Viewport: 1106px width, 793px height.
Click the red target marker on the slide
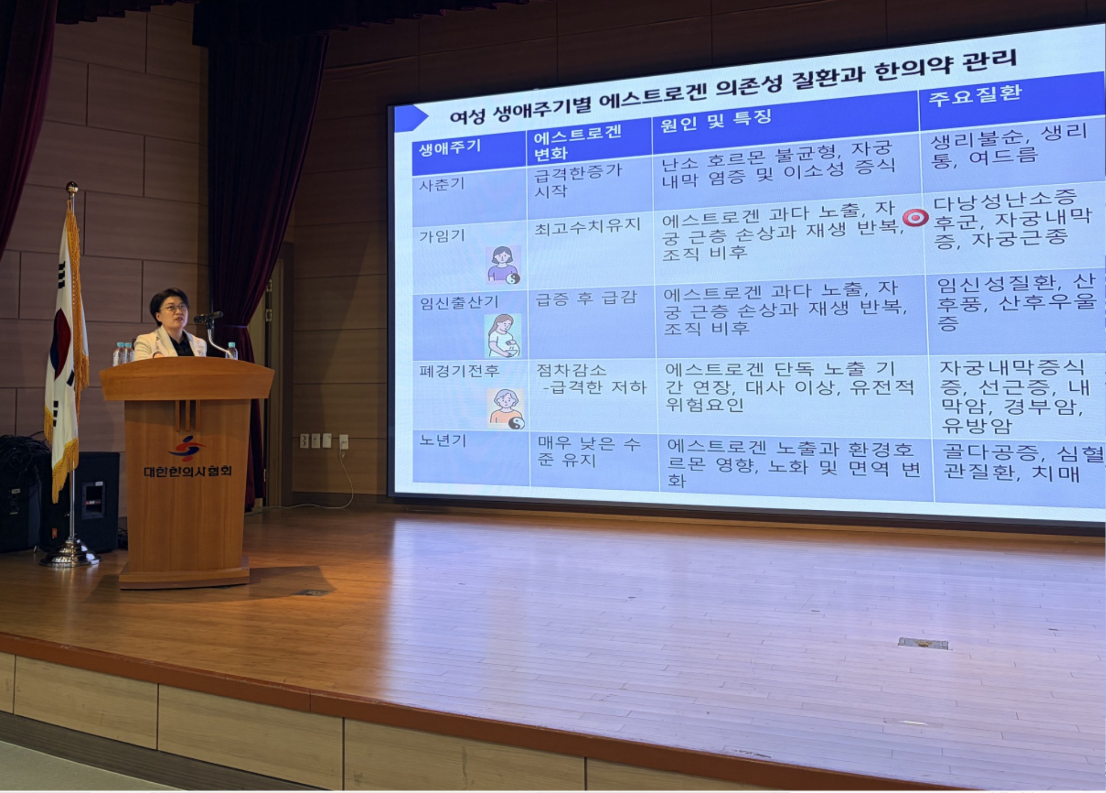915,217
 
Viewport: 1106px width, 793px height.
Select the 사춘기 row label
442,185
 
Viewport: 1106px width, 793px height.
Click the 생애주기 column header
450,148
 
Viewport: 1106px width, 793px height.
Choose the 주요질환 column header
975,95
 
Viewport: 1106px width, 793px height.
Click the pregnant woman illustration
503,336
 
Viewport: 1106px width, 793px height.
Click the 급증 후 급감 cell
586,298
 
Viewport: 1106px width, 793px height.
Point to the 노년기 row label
443,441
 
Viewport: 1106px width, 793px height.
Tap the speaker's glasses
174,308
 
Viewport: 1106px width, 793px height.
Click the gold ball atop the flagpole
72,188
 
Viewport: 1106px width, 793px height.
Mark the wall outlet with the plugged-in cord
343,442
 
